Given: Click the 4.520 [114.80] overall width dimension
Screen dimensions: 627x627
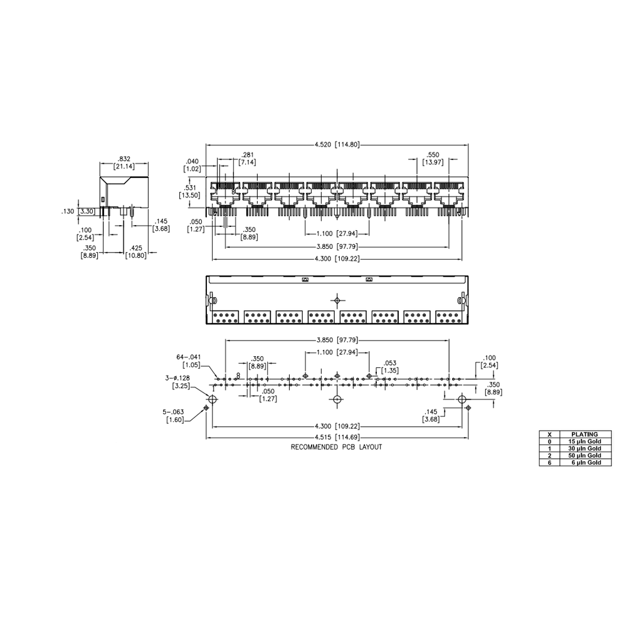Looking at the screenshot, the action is click(337, 144).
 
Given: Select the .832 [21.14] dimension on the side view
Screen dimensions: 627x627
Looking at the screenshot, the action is click(124, 162).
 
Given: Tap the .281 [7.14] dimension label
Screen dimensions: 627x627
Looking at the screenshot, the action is click(248, 159).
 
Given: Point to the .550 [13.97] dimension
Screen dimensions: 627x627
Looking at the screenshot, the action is click(433, 159).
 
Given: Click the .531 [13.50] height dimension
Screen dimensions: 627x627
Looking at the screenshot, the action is click(190, 191).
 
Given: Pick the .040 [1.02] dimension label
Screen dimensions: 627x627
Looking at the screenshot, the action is click(192, 165).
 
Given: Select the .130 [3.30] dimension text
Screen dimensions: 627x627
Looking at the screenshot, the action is click(78, 211).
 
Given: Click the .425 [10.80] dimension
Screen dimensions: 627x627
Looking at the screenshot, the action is click(136, 252).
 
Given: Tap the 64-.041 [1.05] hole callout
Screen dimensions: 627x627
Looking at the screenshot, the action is click(189, 361).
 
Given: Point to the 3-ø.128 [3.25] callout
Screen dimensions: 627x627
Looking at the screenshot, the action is click(177, 382).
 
